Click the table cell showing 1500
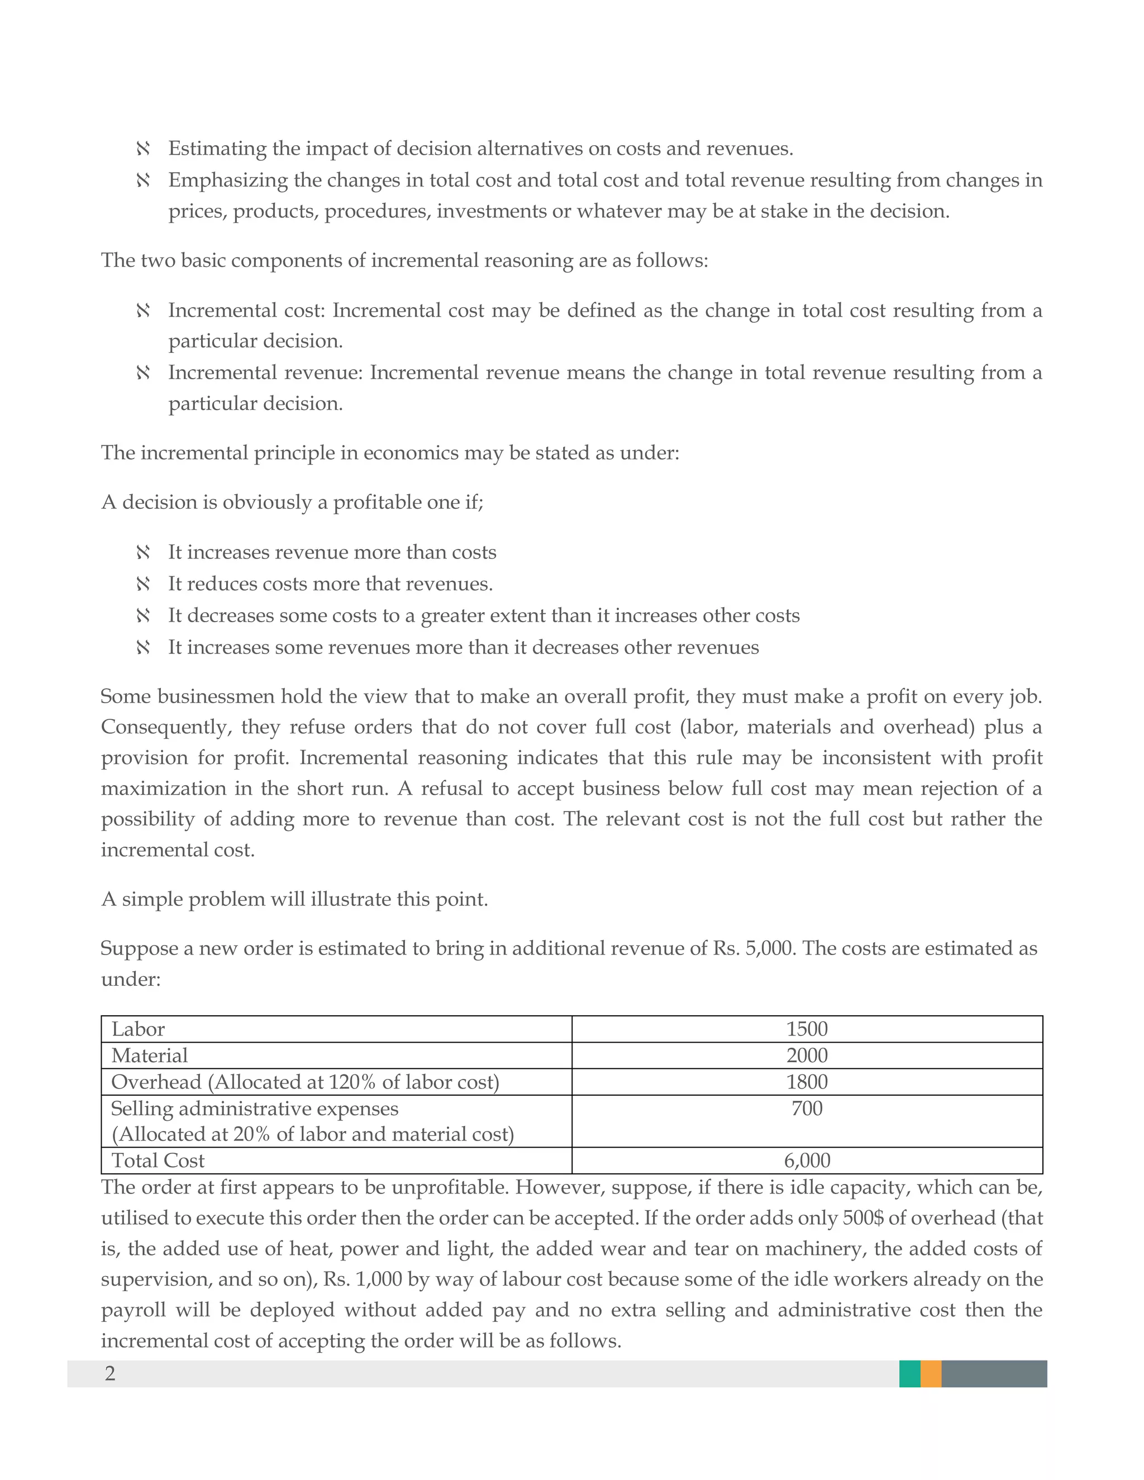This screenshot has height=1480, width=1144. (x=807, y=1029)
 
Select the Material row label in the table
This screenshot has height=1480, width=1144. (x=149, y=1055)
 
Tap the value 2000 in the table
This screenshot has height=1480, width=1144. (x=807, y=1055)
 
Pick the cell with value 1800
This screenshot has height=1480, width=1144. (x=807, y=1082)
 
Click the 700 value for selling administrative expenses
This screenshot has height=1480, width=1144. (x=807, y=1108)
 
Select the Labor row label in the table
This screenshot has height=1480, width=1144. (x=139, y=1029)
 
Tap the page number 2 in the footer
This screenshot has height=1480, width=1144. (x=110, y=1374)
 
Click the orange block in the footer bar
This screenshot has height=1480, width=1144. (x=931, y=1374)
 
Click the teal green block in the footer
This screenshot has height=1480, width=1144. (x=909, y=1374)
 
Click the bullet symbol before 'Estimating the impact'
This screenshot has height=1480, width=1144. (x=143, y=149)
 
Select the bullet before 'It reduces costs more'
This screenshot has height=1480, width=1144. (x=143, y=584)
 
